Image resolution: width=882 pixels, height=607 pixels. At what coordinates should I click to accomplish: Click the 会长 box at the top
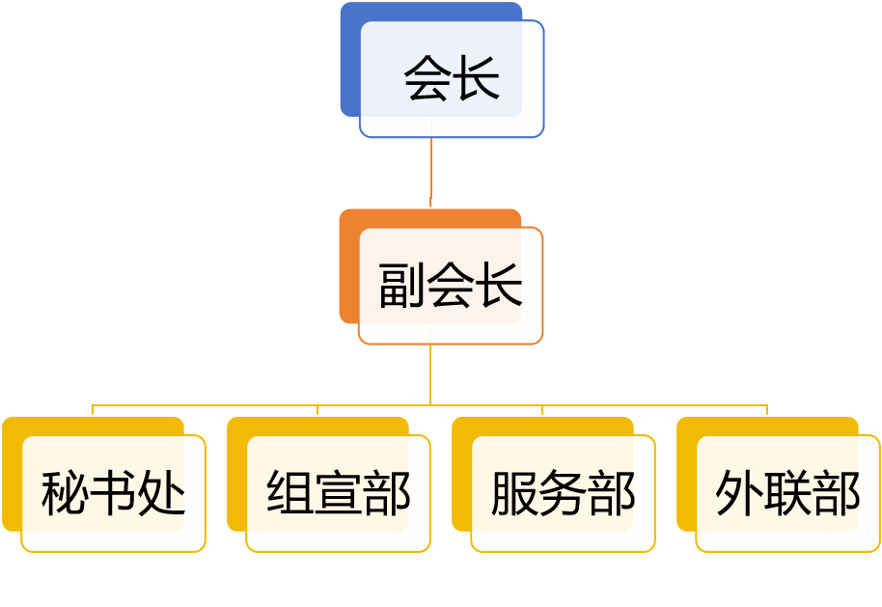point(452,78)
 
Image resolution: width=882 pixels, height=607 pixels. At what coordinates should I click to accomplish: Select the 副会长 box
point(451,286)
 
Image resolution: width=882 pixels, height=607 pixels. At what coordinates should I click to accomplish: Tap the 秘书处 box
point(113,493)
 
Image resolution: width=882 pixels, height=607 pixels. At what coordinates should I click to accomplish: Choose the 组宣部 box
point(338,493)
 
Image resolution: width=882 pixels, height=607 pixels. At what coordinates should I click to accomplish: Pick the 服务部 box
point(563,493)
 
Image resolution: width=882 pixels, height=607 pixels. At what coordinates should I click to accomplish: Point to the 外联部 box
point(787,493)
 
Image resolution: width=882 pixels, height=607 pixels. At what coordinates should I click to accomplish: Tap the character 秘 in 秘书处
point(65,494)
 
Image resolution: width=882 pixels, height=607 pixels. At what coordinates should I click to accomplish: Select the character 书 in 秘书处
point(113,494)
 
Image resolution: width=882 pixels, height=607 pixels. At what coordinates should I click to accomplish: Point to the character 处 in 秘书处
point(161,494)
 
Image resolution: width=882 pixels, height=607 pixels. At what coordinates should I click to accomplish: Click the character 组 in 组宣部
point(289,494)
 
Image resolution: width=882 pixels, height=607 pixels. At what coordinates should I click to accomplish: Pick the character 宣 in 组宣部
point(338,494)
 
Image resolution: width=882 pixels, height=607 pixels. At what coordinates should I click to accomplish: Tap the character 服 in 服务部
point(514,494)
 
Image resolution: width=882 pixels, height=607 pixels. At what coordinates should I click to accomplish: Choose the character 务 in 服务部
point(563,494)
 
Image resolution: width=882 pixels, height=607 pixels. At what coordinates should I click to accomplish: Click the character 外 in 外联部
point(739,494)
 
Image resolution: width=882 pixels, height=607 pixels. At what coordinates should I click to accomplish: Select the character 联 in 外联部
point(787,494)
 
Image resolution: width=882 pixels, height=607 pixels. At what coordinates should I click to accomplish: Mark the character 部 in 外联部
point(836,494)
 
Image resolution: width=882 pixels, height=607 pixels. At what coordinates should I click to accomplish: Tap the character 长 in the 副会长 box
point(499,286)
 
